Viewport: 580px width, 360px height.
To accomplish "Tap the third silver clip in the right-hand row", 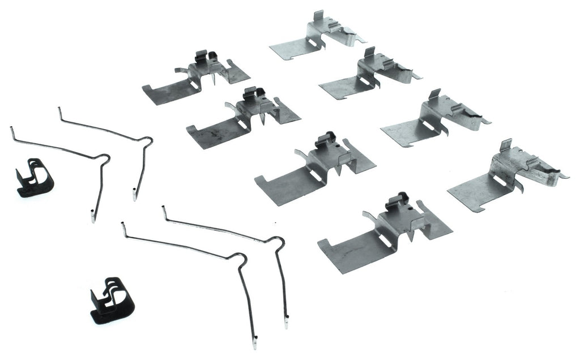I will pos(433,119).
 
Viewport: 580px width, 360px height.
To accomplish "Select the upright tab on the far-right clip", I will pos(505,145).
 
